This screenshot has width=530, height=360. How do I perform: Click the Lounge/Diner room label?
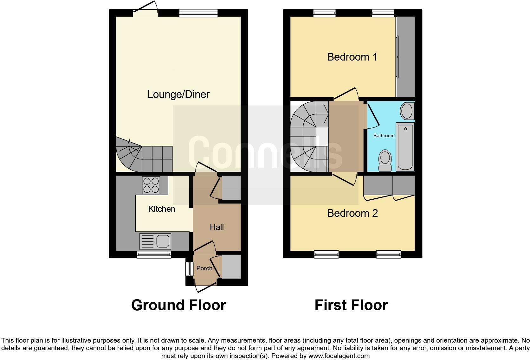178,94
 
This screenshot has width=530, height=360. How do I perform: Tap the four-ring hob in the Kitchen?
151,185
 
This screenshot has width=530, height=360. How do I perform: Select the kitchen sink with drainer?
155,241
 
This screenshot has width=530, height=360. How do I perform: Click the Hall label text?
217,227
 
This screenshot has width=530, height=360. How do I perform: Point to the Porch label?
204,268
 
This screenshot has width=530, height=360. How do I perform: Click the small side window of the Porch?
189,269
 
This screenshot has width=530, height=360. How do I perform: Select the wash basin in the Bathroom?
406,111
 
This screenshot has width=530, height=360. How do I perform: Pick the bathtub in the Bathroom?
405,147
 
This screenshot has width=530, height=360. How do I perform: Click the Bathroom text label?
384,136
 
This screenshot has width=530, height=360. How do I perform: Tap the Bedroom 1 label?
352,57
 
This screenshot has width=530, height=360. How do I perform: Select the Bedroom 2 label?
352,213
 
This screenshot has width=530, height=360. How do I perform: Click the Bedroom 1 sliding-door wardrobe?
406,57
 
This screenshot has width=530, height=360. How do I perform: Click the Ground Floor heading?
178,305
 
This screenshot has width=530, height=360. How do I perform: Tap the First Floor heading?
351,305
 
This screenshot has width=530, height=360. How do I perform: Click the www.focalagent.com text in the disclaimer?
339,356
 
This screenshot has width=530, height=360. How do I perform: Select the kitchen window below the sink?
154,254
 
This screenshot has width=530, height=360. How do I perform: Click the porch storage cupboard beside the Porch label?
231,267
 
